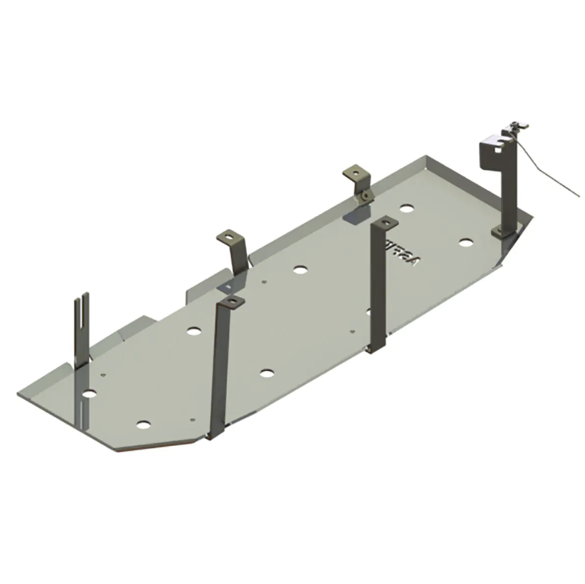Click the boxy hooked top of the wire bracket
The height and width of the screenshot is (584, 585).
[x=493, y=146]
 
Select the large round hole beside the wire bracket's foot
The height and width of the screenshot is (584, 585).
[x=466, y=243]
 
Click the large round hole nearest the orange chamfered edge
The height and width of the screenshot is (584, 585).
[x=143, y=424]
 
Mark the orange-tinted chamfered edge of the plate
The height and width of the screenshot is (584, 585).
[x=164, y=444]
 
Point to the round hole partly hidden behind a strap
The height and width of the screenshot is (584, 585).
[x=369, y=311]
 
